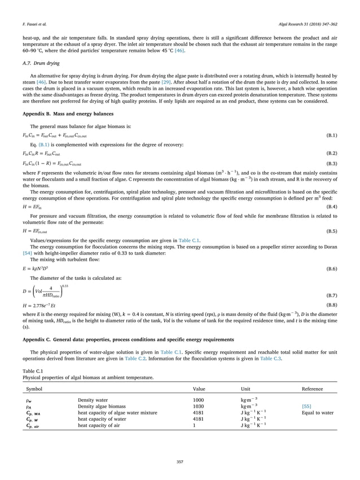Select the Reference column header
click(313, 389)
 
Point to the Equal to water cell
click(318, 412)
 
